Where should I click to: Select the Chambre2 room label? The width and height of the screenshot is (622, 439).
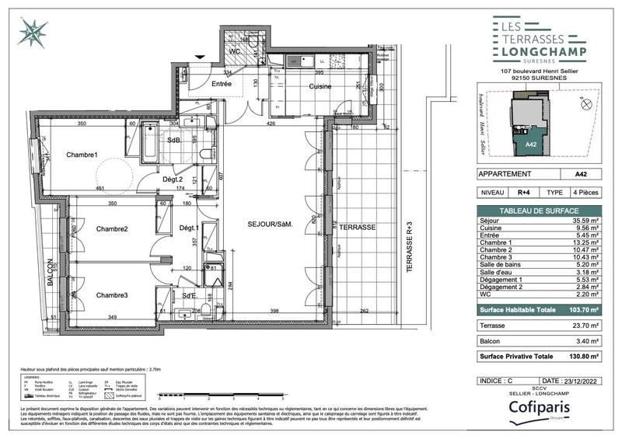[112, 228]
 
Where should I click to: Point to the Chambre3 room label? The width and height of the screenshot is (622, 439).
[112, 295]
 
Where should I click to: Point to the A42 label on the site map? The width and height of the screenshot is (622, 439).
[529, 145]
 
